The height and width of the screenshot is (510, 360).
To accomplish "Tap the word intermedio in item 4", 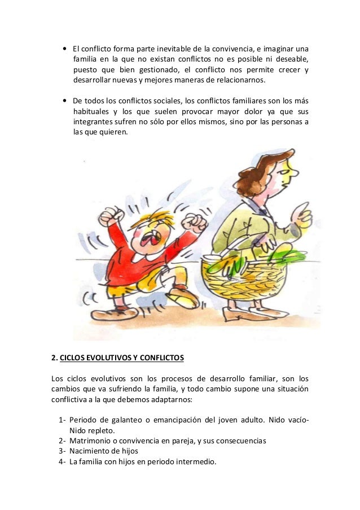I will pos(195,461).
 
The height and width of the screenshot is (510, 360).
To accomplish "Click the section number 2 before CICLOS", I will pos(54,358).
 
